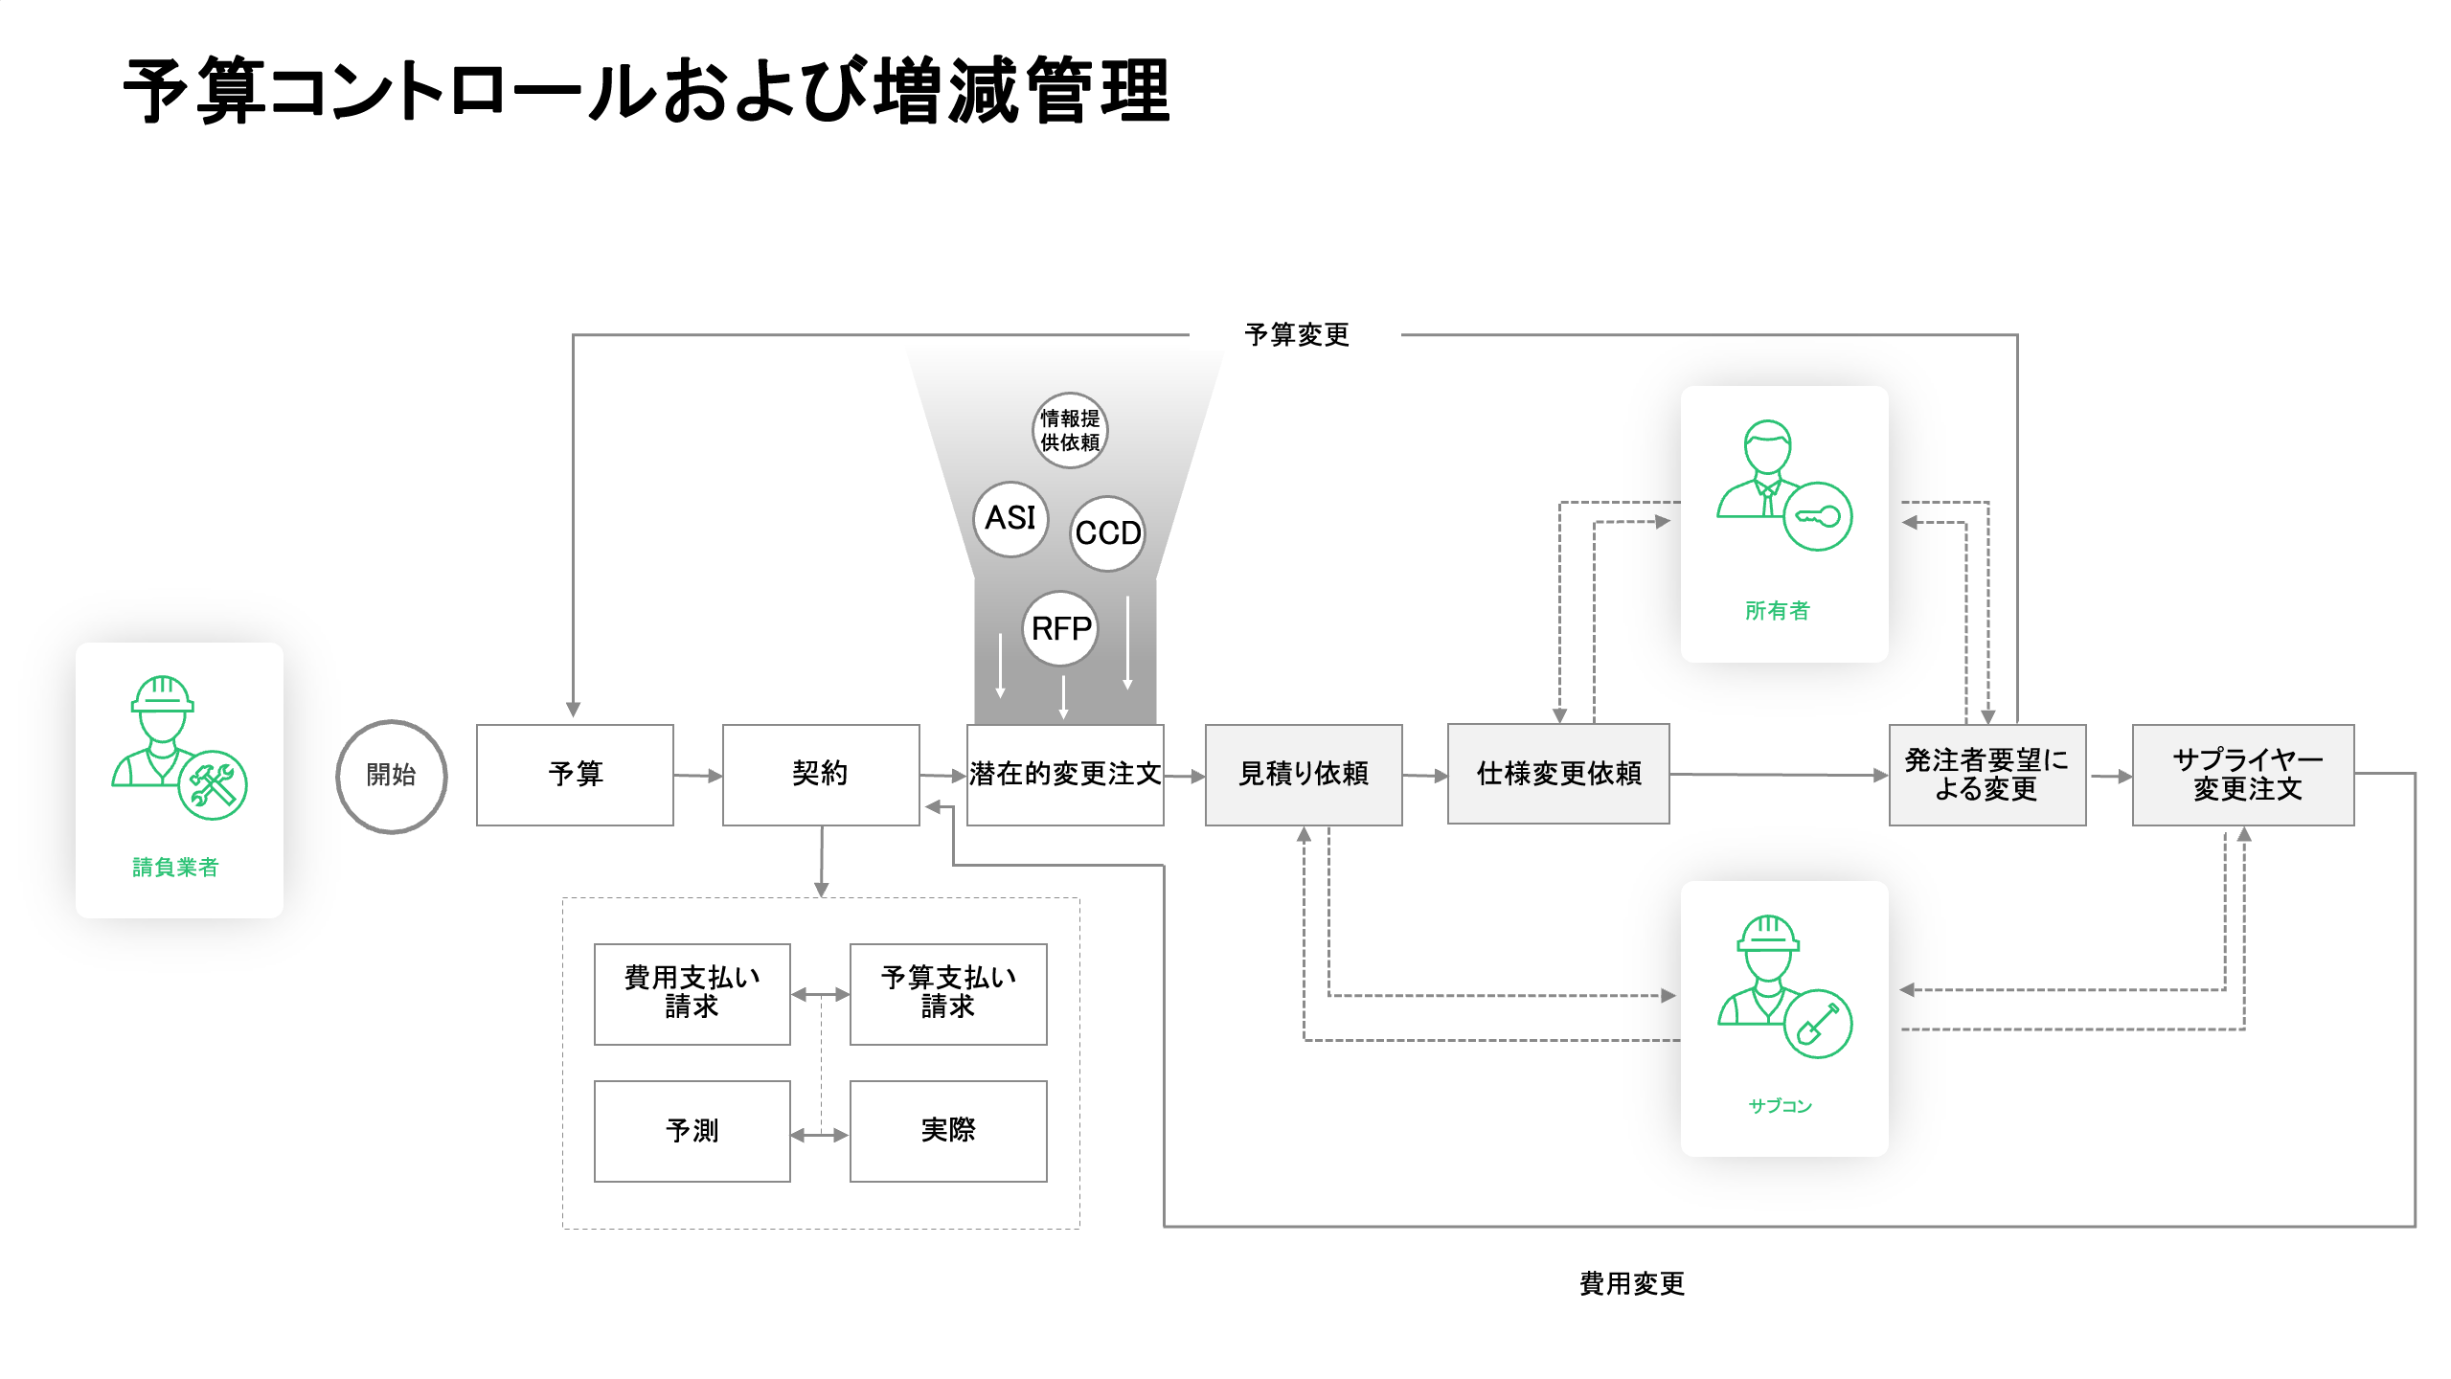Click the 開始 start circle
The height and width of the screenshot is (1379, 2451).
pyautogui.click(x=391, y=776)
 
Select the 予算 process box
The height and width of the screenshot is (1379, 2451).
pyautogui.click(x=575, y=775)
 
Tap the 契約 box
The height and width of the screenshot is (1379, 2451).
pyautogui.click(x=821, y=775)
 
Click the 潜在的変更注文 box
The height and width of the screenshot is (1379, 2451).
pyautogui.click(x=1065, y=775)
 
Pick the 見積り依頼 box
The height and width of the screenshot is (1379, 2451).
pyautogui.click(x=1304, y=775)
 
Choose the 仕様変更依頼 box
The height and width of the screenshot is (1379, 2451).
pyautogui.click(x=1558, y=775)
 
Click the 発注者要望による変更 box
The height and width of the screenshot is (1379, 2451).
pyautogui.click(x=1987, y=775)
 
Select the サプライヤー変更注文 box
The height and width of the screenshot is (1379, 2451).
pyautogui.click(x=2243, y=775)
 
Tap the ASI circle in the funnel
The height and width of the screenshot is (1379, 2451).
pyautogui.click(x=1010, y=519)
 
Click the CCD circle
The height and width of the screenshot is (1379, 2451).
pyautogui.click(x=1107, y=533)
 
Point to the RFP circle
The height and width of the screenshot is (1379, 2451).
pyautogui.click(x=1060, y=629)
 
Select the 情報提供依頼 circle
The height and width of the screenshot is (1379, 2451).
pyautogui.click(x=1070, y=431)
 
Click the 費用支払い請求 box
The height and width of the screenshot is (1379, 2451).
pyautogui.click(x=692, y=993)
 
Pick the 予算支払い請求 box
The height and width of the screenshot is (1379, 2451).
pyautogui.click(x=948, y=993)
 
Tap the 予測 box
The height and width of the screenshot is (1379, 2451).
pyautogui.click(x=692, y=1131)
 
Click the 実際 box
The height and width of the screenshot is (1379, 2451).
pyautogui.click(x=948, y=1131)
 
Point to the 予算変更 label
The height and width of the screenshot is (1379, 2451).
pyautogui.click(x=1296, y=335)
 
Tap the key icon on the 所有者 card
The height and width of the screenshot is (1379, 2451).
pyautogui.click(x=1817, y=517)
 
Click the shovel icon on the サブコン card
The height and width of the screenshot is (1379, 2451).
pyautogui.click(x=1817, y=1024)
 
